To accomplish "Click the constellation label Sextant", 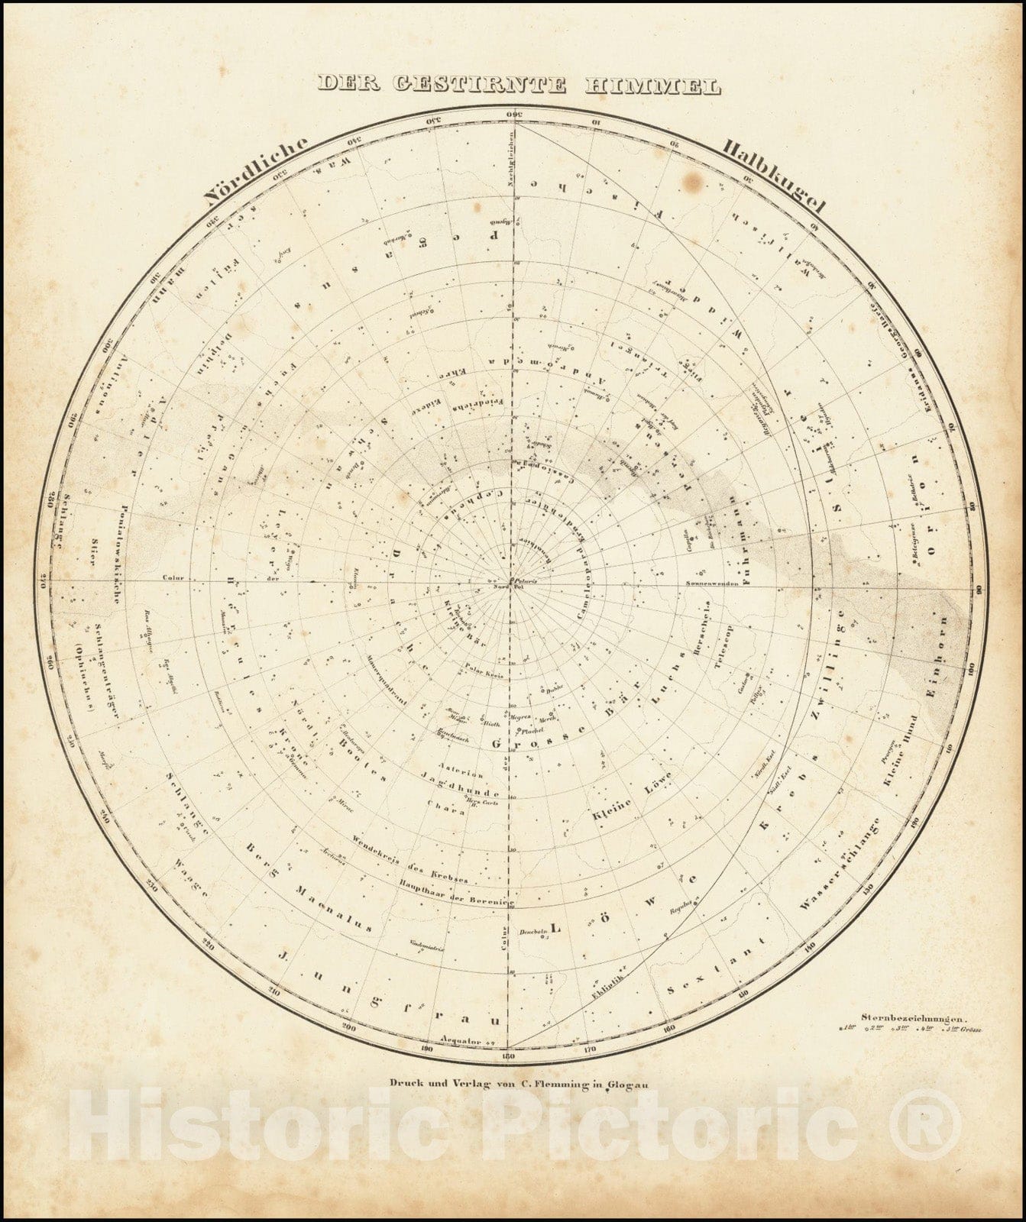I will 715,967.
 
